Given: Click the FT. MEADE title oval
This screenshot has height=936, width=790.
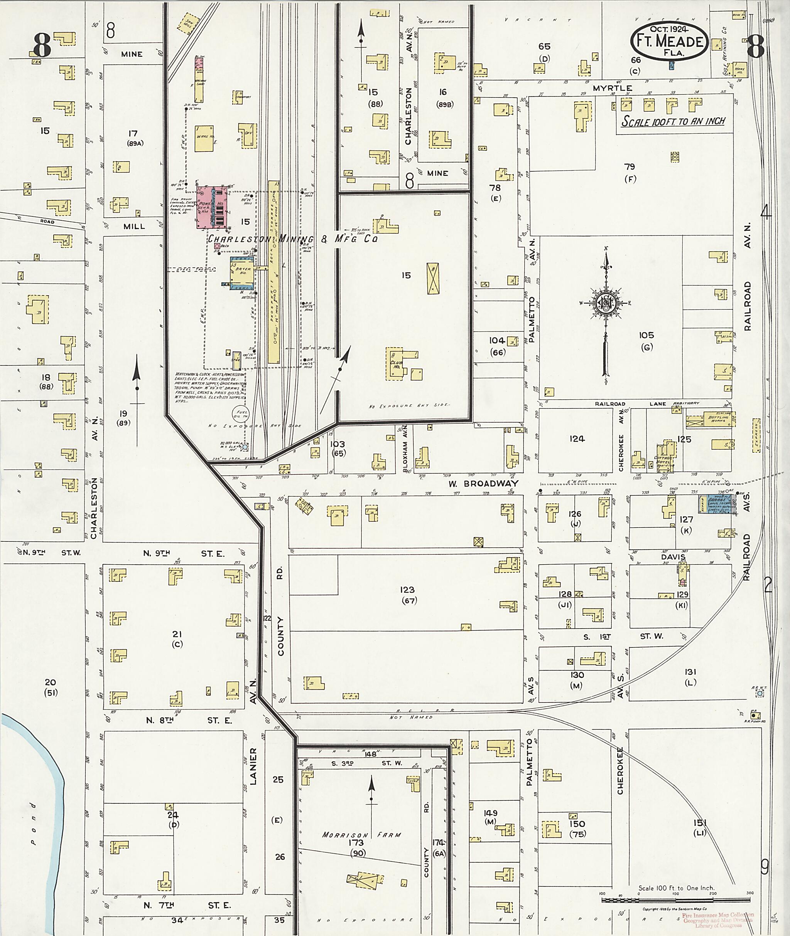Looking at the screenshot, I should (670, 41).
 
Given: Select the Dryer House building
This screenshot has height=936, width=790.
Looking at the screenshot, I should (242, 273).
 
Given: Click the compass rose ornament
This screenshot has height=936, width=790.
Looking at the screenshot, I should (606, 305).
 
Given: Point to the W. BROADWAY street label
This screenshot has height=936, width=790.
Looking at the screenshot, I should (484, 484).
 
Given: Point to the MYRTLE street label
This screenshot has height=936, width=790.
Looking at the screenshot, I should (612, 88).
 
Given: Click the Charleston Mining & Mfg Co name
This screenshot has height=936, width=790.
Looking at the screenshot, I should (292, 239).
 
